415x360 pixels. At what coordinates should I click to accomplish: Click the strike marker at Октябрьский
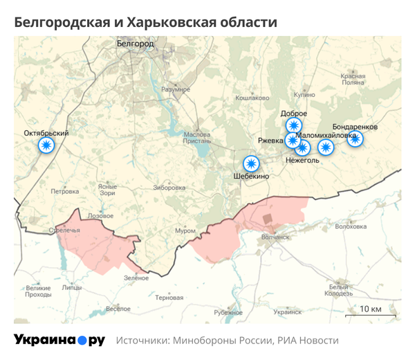pyautogui.click(x=46, y=145)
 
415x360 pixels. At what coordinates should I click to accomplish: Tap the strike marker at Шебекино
pyautogui.click(x=251, y=164)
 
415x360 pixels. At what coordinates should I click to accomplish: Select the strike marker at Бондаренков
pyautogui.click(x=355, y=139)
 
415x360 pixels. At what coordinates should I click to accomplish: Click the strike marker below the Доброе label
pyautogui.click(x=294, y=125)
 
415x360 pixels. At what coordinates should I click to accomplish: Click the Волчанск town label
pyautogui.click(x=275, y=237)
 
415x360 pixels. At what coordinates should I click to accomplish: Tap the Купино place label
pyautogui.click(x=304, y=95)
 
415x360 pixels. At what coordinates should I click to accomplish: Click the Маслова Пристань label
pyautogui.click(x=197, y=138)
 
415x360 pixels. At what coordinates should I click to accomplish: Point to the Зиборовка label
pyautogui.click(x=169, y=188)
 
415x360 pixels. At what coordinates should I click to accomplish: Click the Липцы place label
pyautogui.click(x=71, y=287)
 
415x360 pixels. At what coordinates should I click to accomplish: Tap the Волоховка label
pyautogui.click(x=350, y=226)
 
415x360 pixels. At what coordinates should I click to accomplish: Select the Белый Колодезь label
pyautogui.click(x=340, y=290)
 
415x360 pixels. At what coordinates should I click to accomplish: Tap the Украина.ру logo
pyautogui.click(x=59, y=341)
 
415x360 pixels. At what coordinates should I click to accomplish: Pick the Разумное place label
pyautogui.click(x=176, y=90)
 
